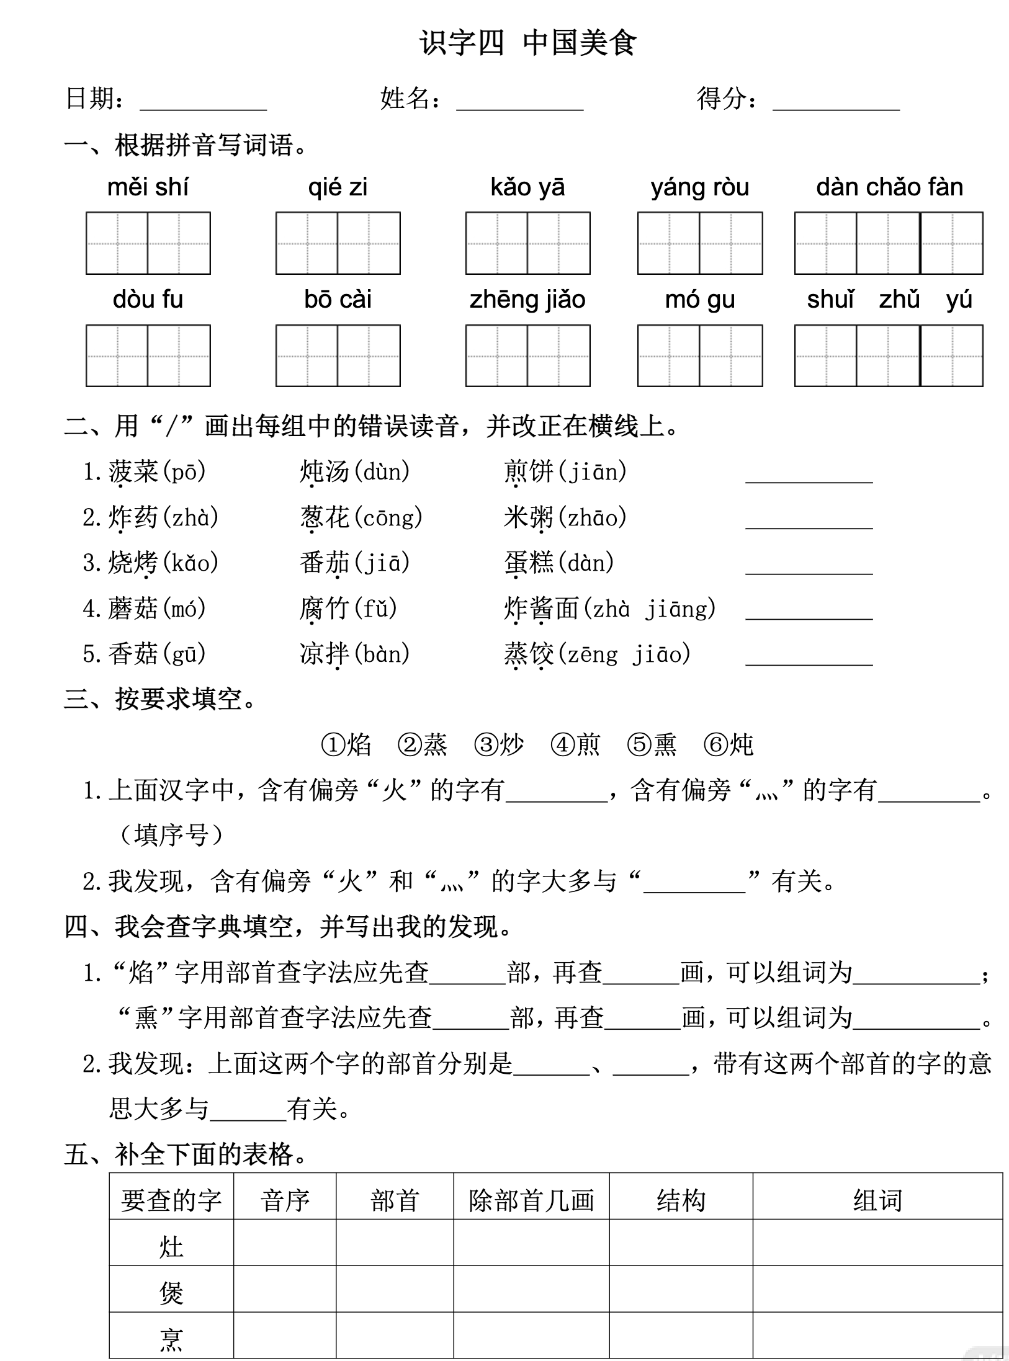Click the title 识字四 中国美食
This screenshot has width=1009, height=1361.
527,43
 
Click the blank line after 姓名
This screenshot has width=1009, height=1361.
519,103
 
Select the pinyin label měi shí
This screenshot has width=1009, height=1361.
148,187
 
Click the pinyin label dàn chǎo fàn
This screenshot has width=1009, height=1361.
889,187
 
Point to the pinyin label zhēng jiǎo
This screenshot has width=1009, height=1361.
527,300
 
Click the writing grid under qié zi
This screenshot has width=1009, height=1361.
338,243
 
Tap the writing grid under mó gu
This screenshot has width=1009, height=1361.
700,355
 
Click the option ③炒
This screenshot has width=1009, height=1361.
498,744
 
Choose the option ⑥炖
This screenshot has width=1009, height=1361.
729,744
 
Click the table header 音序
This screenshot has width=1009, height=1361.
285,1200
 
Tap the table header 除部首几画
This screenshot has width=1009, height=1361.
531,1200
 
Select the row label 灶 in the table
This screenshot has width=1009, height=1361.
171,1246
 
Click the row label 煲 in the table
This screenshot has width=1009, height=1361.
171,1293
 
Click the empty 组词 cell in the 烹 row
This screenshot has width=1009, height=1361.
877,1338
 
